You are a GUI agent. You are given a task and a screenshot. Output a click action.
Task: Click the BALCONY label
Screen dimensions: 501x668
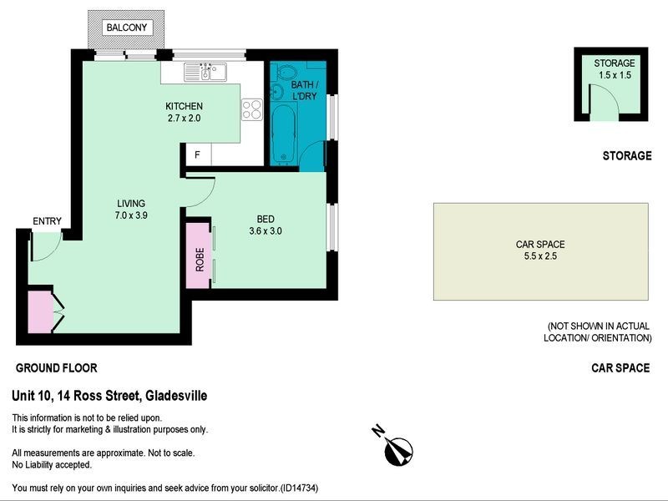point(126,28)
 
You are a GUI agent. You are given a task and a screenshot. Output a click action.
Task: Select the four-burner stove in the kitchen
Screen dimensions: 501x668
point(252,109)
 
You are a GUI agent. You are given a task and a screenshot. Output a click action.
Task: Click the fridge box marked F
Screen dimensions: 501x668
point(198,154)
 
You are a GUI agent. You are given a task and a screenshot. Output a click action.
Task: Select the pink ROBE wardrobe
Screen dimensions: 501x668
point(200,256)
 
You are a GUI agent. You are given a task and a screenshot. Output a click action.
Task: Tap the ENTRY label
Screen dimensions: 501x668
point(47,221)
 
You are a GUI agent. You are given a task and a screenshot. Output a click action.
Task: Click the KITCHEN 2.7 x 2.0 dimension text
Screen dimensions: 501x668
point(183,112)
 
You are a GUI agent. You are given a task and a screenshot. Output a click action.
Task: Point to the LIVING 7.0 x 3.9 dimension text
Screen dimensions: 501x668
point(130,209)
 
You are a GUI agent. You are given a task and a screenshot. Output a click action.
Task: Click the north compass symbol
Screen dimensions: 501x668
point(396,448)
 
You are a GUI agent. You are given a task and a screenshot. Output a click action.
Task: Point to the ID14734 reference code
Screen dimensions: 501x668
point(299,488)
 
